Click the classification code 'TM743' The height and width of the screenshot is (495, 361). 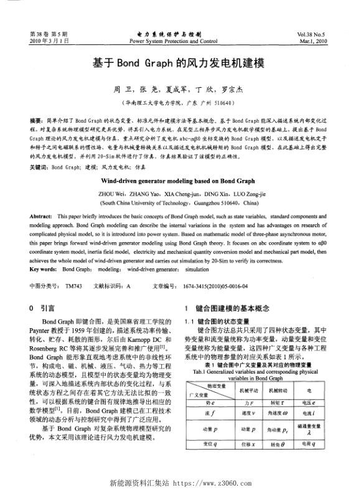point(73,285)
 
